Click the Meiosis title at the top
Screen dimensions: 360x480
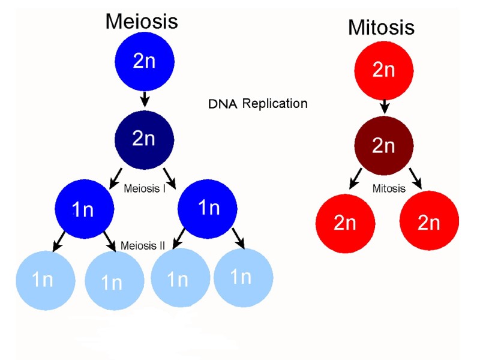tap(142, 21)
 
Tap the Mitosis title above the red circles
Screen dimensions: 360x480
tap(381, 27)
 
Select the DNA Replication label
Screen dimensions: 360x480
tap(257, 103)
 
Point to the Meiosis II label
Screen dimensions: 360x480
tap(143, 245)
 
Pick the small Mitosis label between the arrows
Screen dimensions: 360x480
tap(389, 188)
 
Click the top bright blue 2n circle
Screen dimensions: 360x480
tap(144, 61)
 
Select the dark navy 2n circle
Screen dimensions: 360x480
tap(144, 140)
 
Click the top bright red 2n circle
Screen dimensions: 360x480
tap(383, 71)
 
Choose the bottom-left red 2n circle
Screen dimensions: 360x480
tap(345, 223)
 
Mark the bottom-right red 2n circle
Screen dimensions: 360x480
tap(428, 223)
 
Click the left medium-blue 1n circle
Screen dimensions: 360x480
tap(84, 209)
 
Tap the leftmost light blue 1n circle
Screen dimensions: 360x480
tap(45, 280)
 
